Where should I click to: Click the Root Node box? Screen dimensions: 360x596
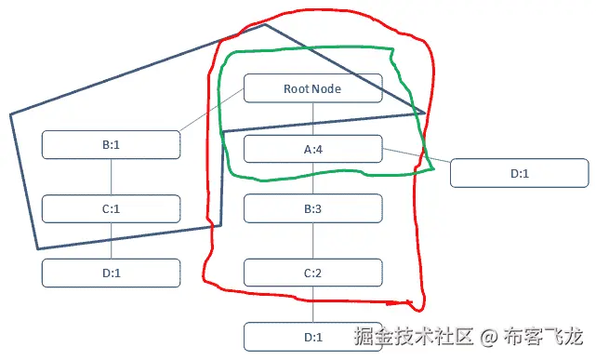(312, 88)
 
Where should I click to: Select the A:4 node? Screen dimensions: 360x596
(312, 149)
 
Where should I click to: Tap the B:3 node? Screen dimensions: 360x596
(312, 208)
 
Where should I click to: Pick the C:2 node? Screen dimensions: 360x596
(312, 273)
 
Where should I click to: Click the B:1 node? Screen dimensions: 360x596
(112, 144)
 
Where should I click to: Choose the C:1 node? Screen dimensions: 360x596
(112, 208)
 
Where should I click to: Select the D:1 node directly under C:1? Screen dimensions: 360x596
(112, 273)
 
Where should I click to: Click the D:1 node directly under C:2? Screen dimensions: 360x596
(312, 336)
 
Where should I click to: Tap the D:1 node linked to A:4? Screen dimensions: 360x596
(519, 173)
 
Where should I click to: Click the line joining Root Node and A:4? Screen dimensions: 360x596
(313, 119)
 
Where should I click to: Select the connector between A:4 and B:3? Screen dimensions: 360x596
(313, 179)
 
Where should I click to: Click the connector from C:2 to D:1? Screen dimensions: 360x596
(313, 304)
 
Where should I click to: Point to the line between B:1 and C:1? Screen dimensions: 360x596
(112, 177)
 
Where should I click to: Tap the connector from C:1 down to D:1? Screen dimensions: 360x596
(112, 241)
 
